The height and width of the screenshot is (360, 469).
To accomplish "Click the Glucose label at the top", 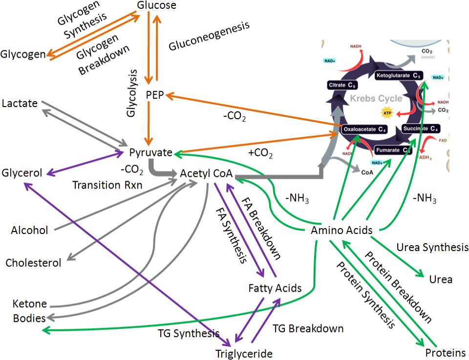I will point(156,6).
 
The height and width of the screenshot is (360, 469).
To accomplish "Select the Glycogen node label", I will point(23,53).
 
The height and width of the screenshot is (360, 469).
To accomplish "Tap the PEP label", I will point(155,94).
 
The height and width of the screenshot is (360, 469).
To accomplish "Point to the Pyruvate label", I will point(150,152).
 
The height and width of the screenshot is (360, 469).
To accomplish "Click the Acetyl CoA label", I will point(205,173).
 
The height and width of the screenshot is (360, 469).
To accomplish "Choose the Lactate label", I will point(19,103).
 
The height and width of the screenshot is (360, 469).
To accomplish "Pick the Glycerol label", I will point(22,172).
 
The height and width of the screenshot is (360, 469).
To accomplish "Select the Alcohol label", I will point(30,230).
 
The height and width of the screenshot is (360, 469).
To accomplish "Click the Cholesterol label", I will point(33,263).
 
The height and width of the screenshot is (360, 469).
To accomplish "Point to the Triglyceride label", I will point(244,353).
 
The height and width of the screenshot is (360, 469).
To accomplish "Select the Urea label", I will point(440,280).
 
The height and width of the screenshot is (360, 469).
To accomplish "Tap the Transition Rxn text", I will point(104,185).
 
